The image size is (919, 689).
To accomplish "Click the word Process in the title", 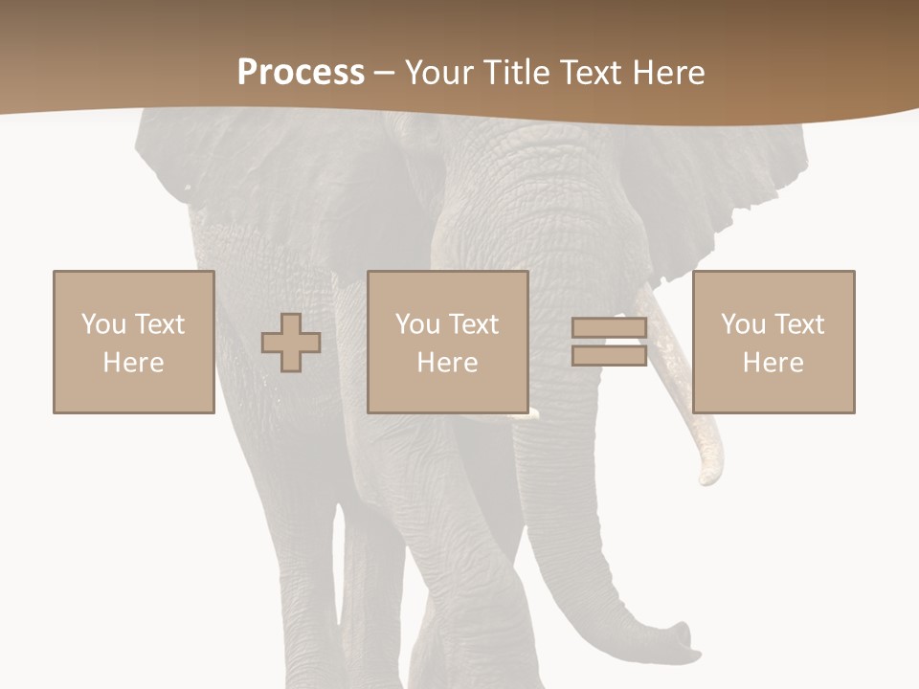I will coord(301,73).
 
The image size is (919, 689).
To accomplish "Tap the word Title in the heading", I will coord(515,73).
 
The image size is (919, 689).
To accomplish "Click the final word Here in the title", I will coord(667,73).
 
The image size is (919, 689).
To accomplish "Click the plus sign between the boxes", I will coord(291,342).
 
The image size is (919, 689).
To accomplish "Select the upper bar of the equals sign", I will coord(609,328).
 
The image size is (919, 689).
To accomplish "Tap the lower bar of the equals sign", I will coord(609,355).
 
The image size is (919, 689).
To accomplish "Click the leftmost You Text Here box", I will coord(133,342).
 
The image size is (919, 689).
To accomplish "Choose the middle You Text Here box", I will coord(447,342).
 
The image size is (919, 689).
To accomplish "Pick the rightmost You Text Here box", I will coord(773,342).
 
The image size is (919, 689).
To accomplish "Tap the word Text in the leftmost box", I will coord(159,324).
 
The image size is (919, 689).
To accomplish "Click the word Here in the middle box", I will coord(447,363).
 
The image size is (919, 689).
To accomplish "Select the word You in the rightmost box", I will coord(743,324).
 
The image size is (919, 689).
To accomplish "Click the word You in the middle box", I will coord(417,324).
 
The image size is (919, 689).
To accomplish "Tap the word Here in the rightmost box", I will coord(773,363).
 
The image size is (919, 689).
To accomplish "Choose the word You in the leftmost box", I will coord(103,324).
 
